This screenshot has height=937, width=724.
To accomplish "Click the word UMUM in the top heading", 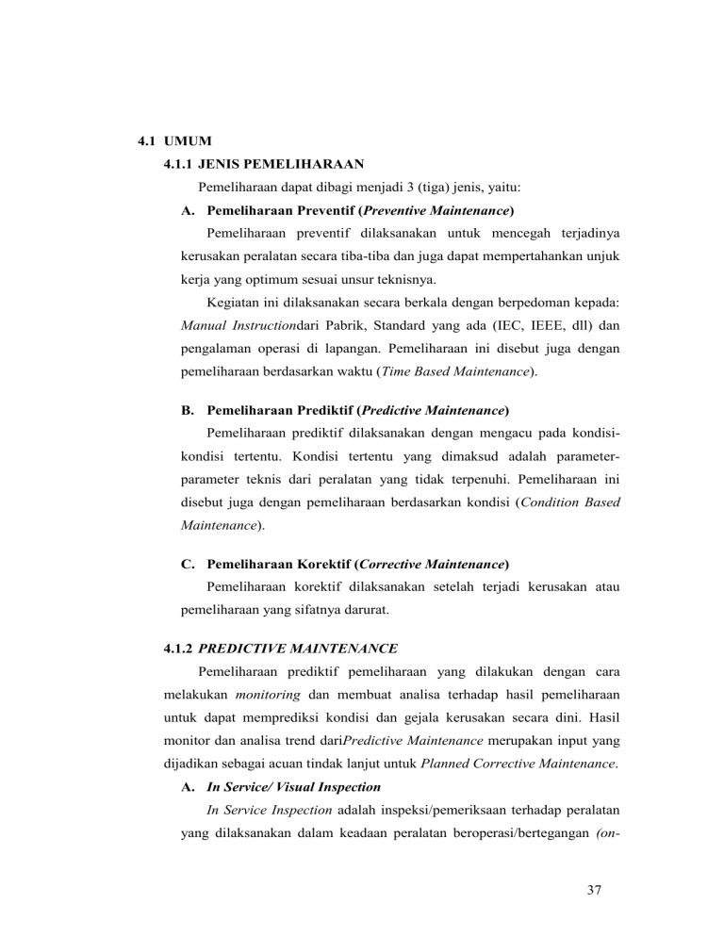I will pos(186,143).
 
